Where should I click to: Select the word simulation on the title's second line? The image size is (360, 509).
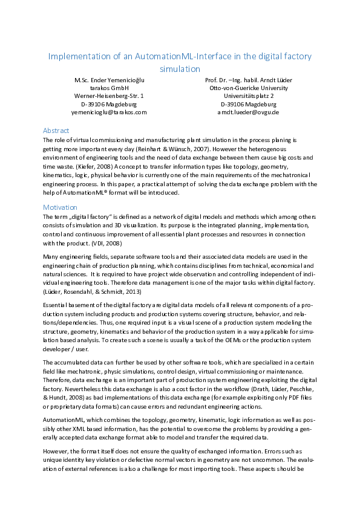point(180,69)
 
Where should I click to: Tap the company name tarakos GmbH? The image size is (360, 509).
point(109,88)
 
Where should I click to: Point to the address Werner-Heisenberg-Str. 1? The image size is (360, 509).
point(109,96)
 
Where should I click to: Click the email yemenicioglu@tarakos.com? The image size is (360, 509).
point(109,112)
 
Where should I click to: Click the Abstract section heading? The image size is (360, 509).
point(56,131)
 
